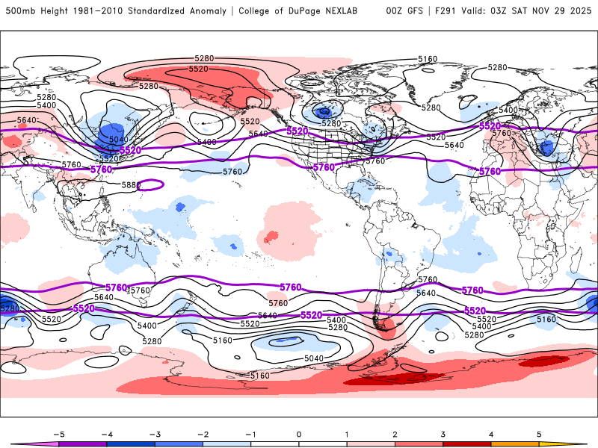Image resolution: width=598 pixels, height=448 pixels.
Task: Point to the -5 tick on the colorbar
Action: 58,433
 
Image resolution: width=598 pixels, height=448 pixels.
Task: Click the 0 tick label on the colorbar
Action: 299,433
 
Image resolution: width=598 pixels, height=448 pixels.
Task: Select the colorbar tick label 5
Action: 539,433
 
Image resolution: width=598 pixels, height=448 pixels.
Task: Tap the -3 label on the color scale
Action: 155,433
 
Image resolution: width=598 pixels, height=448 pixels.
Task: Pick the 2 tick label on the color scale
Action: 395,433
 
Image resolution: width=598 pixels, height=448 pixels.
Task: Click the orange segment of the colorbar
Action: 515,444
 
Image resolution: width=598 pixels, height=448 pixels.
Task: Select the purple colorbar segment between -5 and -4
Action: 82,444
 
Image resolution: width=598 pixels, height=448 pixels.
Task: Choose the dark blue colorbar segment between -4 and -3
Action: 131,444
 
